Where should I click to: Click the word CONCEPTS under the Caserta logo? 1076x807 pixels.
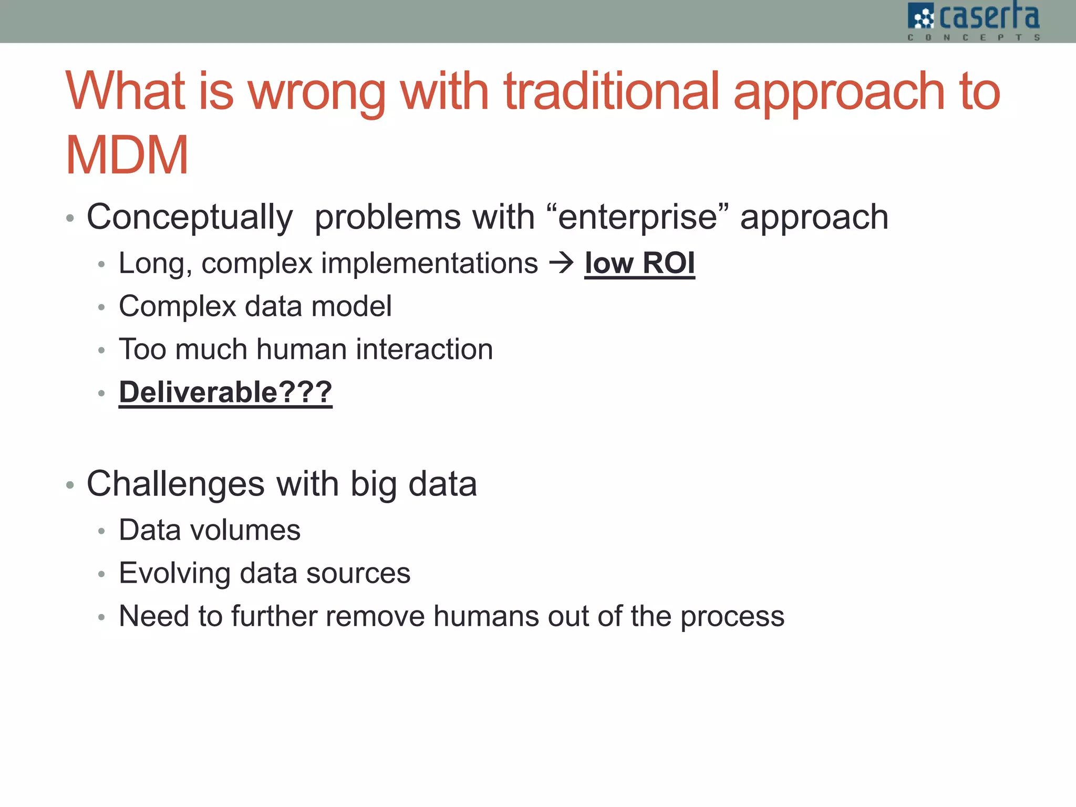coord(974,37)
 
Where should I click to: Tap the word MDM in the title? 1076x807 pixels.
coord(127,156)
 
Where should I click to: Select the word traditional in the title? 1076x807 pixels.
coord(611,91)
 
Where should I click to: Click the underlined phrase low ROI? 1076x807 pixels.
coord(639,263)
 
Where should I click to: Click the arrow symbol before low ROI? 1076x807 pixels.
coord(562,263)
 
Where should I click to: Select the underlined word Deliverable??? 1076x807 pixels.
coord(225,392)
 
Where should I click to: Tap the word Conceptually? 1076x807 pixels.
coord(190,218)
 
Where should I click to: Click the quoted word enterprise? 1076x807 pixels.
coord(637,218)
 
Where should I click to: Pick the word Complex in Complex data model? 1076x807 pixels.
coord(178,306)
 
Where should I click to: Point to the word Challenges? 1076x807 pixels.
coord(175,484)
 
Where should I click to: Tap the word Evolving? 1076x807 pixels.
coord(174,573)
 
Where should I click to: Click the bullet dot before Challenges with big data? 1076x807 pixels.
coord(70,485)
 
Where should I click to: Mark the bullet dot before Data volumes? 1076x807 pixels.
coord(102,531)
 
